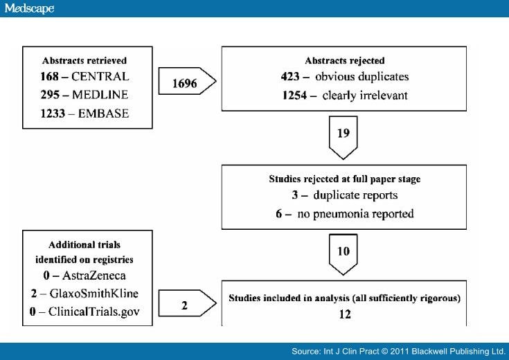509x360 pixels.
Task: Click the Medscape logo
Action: tap(29, 8)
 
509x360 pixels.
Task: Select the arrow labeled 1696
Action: tap(187, 81)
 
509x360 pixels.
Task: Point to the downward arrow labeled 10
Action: tap(343, 255)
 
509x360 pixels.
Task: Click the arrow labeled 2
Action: tap(187, 303)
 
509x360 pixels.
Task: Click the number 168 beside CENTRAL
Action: tap(50, 77)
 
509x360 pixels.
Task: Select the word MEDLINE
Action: tap(100, 95)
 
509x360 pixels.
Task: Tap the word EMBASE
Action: tap(104, 114)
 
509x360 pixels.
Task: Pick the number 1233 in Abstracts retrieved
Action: tap(53, 114)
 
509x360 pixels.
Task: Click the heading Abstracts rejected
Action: tap(345, 61)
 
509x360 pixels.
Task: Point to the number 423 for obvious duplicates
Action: tap(290, 77)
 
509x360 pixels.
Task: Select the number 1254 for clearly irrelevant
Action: tap(294, 96)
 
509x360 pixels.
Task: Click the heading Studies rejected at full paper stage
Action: tap(345, 179)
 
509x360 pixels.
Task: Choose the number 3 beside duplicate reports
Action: tap(295, 195)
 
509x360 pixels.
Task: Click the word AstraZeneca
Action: tap(94, 276)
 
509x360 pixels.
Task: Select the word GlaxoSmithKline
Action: tap(93, 294)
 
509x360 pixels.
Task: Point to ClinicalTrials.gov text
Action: tap(94, 312)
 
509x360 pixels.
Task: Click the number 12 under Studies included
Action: tap(345, 314)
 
